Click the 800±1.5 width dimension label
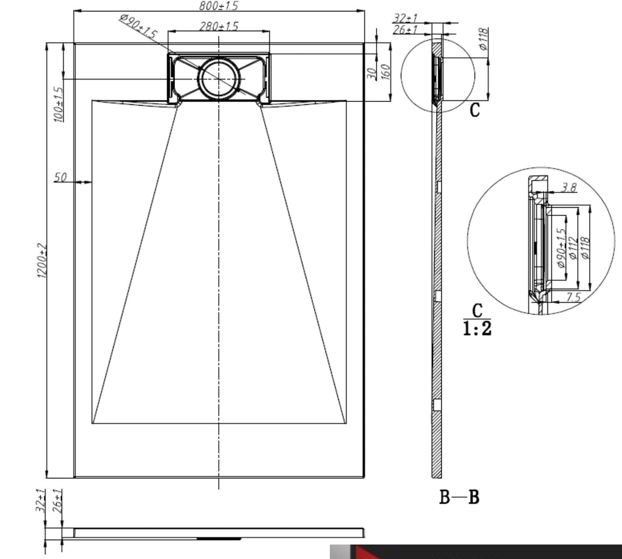[219, 6]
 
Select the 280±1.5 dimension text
[219, 27]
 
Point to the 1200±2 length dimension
[42, 261]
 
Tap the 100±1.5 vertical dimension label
[59, 104]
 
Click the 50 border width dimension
[60, 177]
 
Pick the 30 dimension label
[371, 73]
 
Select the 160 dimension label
[386, 72]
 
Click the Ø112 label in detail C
[573, 248]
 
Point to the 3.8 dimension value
[570, 188]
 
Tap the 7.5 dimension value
[573, 297]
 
